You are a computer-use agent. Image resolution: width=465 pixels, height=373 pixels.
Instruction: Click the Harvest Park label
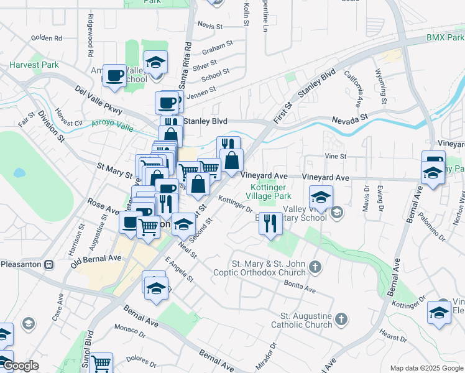pos(34,65)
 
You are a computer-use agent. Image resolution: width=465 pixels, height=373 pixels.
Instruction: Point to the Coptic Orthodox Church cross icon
pos(315,268)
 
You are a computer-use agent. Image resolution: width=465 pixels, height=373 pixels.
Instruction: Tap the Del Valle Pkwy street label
pos(97,100)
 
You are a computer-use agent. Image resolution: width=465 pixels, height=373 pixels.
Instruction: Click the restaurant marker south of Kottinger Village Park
pos(270,223)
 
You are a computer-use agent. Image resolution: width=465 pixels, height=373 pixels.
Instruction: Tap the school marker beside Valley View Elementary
pos(321,199)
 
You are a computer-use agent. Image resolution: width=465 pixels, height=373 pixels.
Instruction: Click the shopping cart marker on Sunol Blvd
pos(101,362)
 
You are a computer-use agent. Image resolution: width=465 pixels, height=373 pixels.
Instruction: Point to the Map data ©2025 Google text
pos(426,368)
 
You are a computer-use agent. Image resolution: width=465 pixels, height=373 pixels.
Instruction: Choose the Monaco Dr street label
pos(130,329)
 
